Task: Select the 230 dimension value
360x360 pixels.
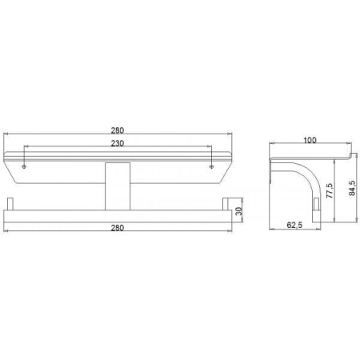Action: [x=118, y=143]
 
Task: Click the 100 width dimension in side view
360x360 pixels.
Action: [x=309, y=142]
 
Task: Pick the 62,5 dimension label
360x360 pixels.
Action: [x=294, y=226]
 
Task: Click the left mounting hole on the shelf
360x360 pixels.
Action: [x=26, y=166]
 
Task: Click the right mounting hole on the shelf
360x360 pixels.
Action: [x=210, y=166]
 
